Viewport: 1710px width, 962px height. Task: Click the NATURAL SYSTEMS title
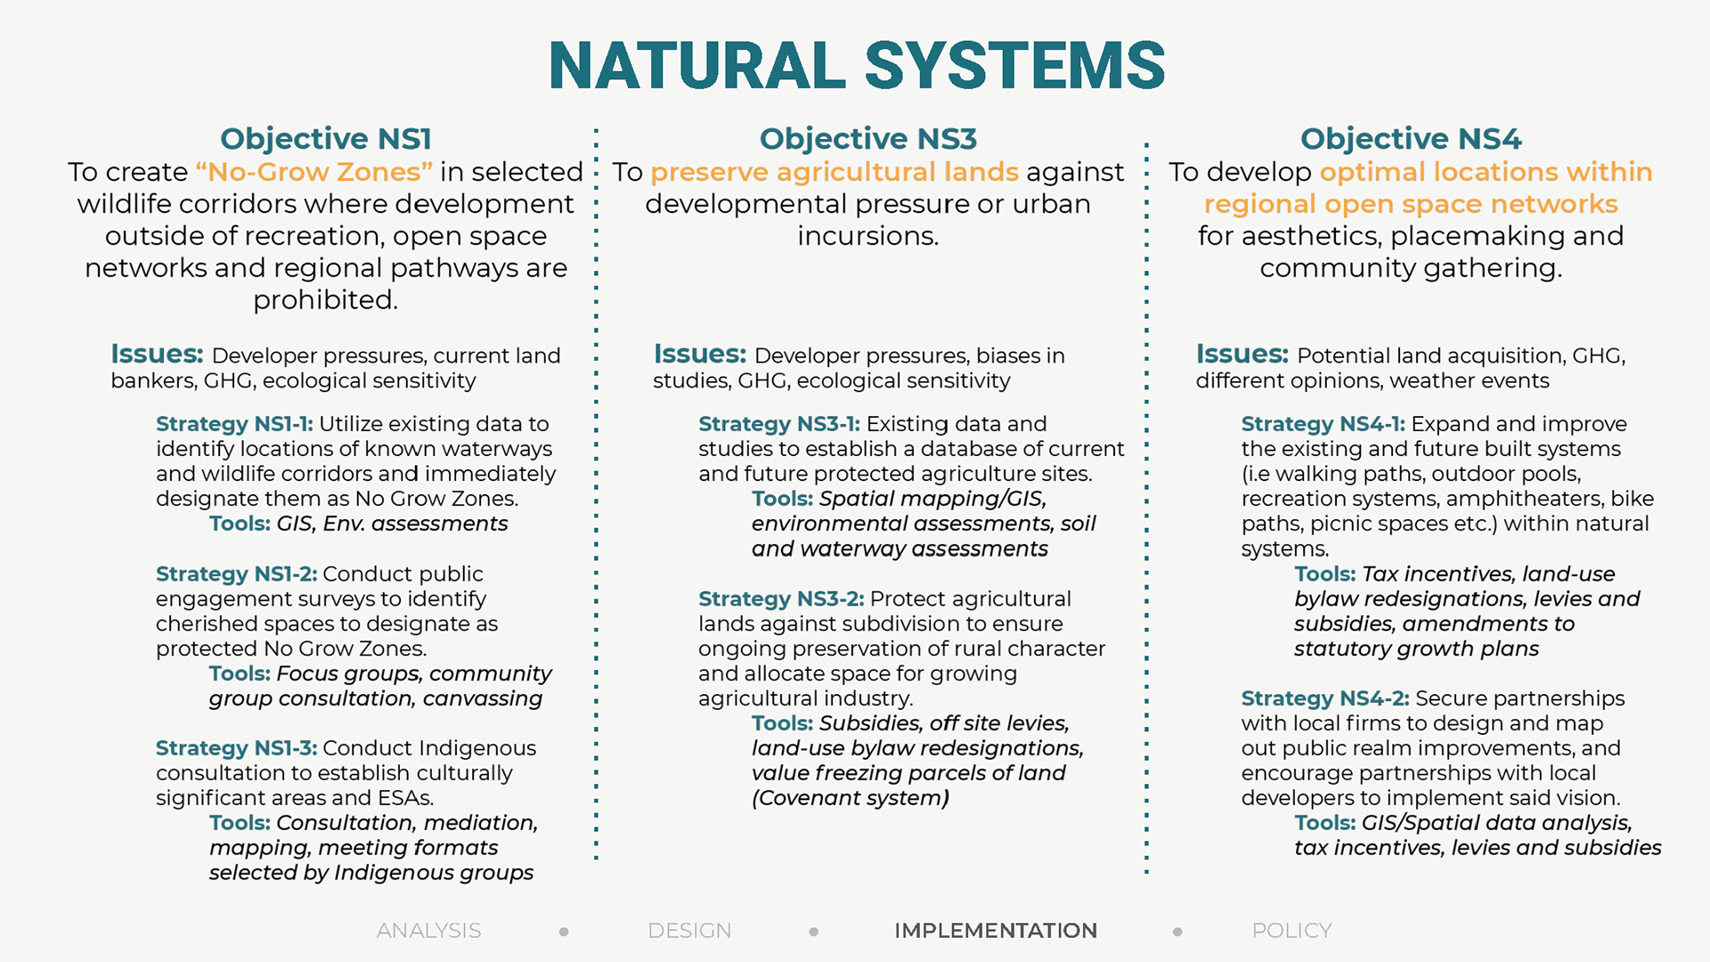point(857,65)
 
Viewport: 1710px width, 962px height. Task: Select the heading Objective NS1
point(326,139)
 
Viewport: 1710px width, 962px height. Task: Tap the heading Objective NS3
point(868,139)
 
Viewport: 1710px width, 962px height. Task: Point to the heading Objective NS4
point(1411,139)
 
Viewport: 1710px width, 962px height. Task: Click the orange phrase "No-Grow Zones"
point(314,171)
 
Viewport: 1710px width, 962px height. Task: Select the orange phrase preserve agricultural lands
point(835,172)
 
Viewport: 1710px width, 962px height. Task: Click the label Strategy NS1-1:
point(234,424)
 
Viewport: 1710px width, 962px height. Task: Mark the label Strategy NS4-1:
point(1323,424)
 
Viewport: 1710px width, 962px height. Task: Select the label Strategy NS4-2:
point(1325,698)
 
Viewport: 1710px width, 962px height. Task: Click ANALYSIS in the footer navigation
point(428,931)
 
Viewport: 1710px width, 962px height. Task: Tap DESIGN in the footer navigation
point(689,931)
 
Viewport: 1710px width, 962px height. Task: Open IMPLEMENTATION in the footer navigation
point(996,931)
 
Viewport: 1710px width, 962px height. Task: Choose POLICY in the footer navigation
point(1291,931)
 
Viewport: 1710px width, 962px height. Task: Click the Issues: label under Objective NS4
point(1242,354)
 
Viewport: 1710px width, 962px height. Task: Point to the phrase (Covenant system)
point(851,798)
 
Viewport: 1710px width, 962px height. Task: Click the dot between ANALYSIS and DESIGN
point(564,932)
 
